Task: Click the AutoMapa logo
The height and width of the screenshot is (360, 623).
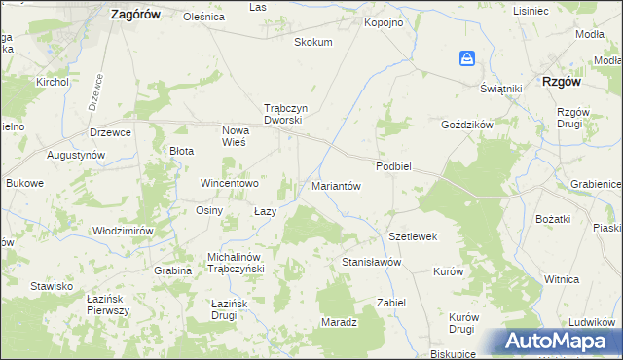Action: pos(559,342)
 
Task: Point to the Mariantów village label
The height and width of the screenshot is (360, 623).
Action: pos(336,185)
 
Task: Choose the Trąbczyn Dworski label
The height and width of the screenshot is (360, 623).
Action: pos(284,114)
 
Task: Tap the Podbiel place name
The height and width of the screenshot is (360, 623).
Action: pos(394,166)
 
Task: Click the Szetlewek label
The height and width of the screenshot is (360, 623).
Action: pos(414,236)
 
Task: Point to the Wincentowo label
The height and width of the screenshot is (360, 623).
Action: pos(230,183)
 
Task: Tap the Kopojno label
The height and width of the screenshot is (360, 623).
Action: pos(383,21)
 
